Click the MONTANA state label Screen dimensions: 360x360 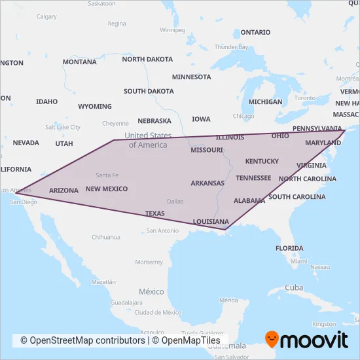click(79, 62)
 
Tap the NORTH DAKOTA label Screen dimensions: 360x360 click(147, 59)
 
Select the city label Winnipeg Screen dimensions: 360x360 click(172, 30)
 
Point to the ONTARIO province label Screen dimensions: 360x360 click(255, 32)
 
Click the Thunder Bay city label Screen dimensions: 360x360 click(231, 47)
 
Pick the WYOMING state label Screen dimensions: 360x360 click(94, 106)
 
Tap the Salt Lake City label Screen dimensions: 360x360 click(62, 127)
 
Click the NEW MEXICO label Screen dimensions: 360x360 click(106, 189)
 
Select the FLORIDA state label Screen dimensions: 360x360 click(289, 249)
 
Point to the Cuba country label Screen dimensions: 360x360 click(295, 288)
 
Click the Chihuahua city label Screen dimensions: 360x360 click(106, 237)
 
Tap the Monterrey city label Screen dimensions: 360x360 click(149, 262)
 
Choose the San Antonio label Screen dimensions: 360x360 click(162, 230)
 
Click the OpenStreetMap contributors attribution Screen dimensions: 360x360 click(82, 340)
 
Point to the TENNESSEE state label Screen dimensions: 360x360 click(253, 178)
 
